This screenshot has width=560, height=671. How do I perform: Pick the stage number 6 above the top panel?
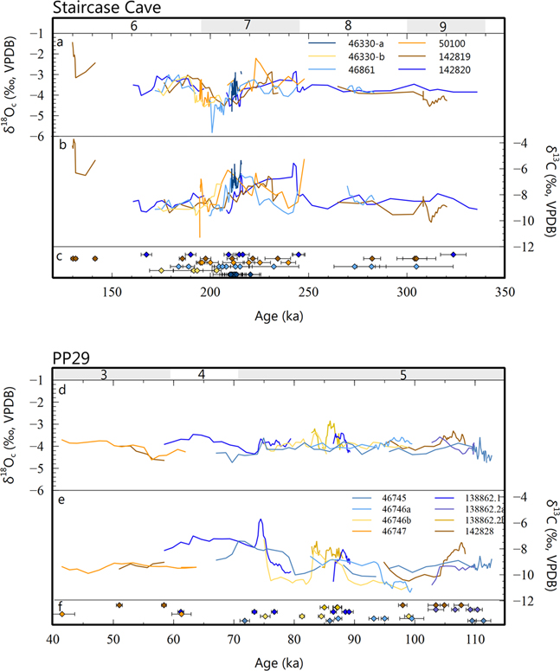tap(133, 26)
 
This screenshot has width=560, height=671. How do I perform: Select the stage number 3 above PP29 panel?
tap(104, 374)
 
